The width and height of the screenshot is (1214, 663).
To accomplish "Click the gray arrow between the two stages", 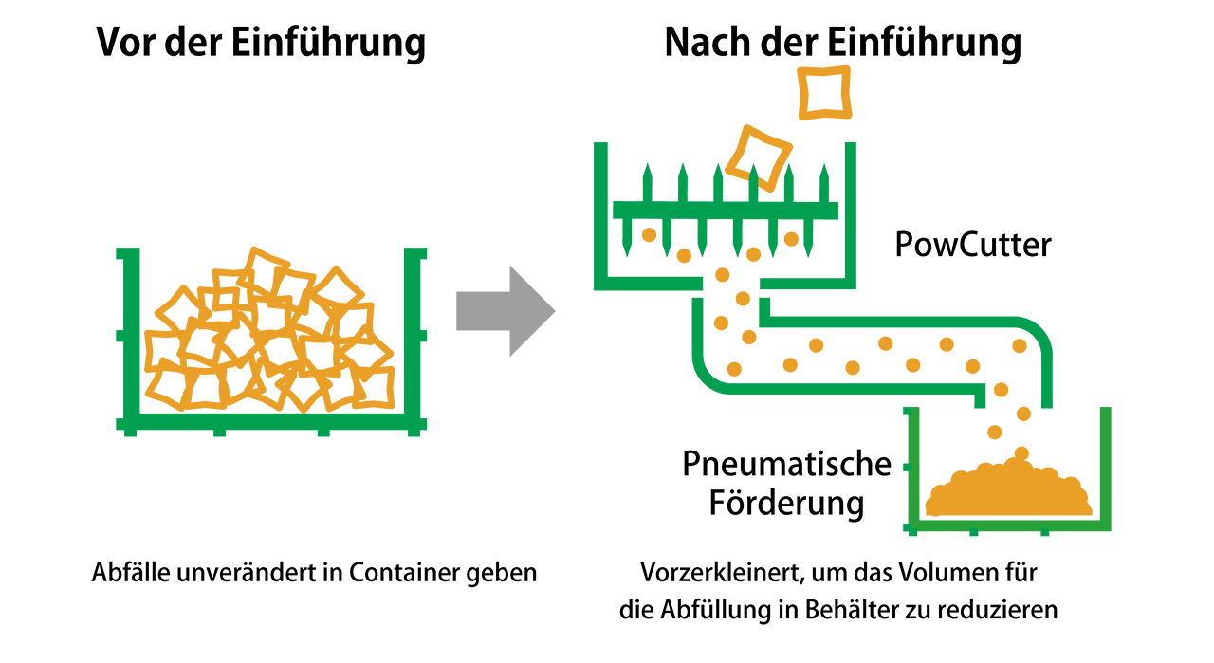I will (503, 311).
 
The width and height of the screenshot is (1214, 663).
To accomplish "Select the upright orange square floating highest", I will (823, 92).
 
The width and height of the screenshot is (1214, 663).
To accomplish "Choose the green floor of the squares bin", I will (271, 423).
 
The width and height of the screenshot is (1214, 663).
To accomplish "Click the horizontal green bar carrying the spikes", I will (726, 210).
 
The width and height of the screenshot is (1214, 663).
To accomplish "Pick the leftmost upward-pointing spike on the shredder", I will (647, 181).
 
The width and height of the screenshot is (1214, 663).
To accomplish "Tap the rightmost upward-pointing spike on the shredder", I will (824, 181).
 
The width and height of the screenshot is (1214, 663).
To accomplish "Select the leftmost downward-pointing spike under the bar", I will (627, 238).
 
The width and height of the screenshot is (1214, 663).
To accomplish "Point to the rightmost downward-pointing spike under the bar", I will (808, 238).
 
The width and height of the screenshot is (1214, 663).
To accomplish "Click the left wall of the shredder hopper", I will (599, 213).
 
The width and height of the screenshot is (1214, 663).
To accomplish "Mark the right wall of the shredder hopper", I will (850, 213).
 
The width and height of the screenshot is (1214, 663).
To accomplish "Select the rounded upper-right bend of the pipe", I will (1037, 332).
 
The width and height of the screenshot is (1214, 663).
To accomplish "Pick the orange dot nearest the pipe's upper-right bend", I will (1020, 346).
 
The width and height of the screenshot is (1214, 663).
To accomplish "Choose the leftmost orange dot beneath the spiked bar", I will (649, 234).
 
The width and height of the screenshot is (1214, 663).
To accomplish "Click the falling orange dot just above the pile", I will (1021, 453).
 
